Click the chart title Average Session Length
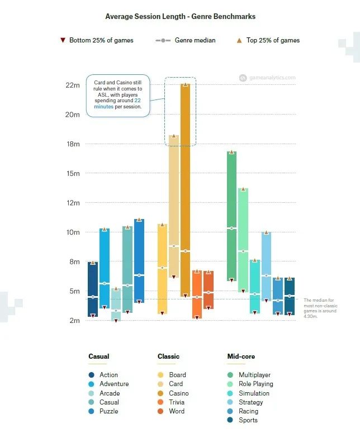click(x=180, y=17)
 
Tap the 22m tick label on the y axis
click(x=73, y=85)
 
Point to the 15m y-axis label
click(x=73, y=173)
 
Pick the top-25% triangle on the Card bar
click(x=174, y=136)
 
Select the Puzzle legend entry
click(x=108, y=411)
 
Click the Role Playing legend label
click(x=255, y=384)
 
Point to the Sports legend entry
click(x=248, y=420)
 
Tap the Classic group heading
click(x=168, y=356)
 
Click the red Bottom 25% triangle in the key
click(x=63, y=40)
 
